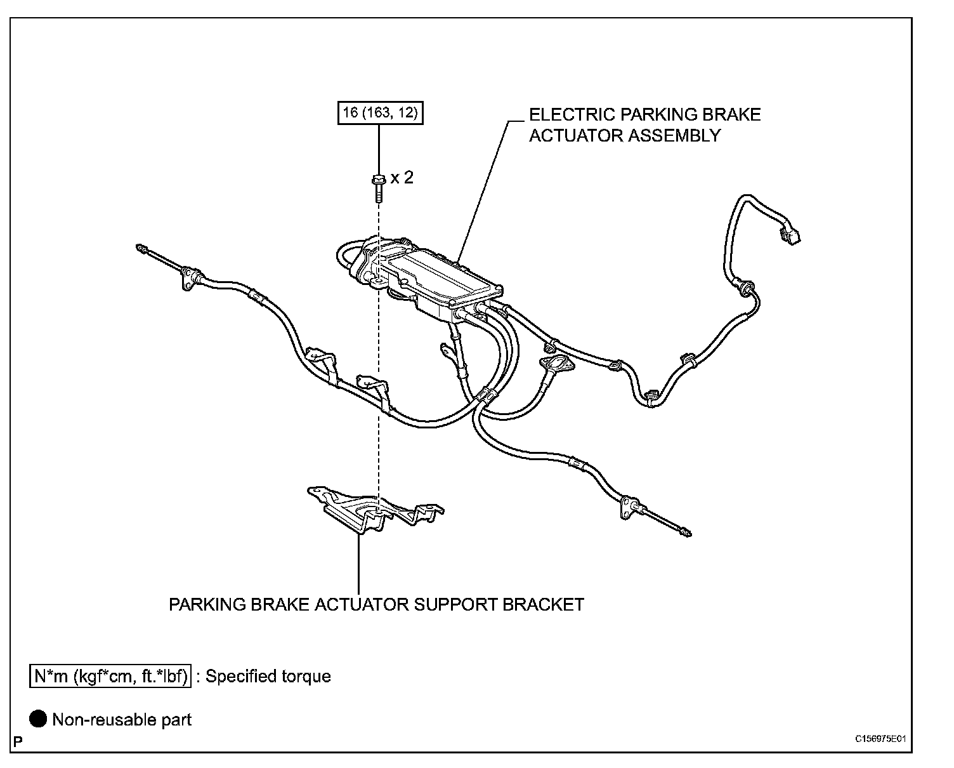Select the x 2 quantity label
click(x=402, y=178)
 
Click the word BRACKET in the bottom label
click(x=543, y=604)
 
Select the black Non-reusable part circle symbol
click(x=39, y=719)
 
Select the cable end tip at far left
click(x=141, y=248)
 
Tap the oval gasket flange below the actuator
click(x=556, y=364)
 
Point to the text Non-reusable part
click(x=122, y=720)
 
